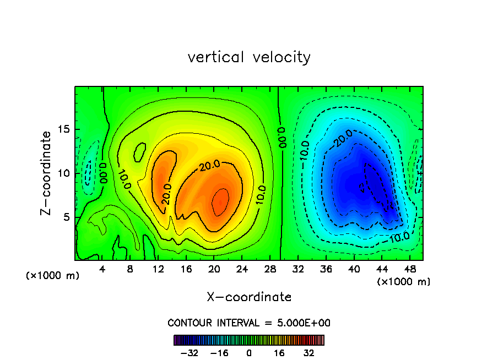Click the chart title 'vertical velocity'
coord(249,57)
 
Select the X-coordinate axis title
coord(249,297)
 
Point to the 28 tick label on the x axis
coord(269,270)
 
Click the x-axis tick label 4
coord(101,270)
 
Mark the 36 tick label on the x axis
coord(325,270)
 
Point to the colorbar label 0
coord(249,353)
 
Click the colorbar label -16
coord(219,353)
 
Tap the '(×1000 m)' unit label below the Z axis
coord(53,275)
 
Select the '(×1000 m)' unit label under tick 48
coord(403,281)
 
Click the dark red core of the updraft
coord(220,201)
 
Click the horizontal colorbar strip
coord(249,340)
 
